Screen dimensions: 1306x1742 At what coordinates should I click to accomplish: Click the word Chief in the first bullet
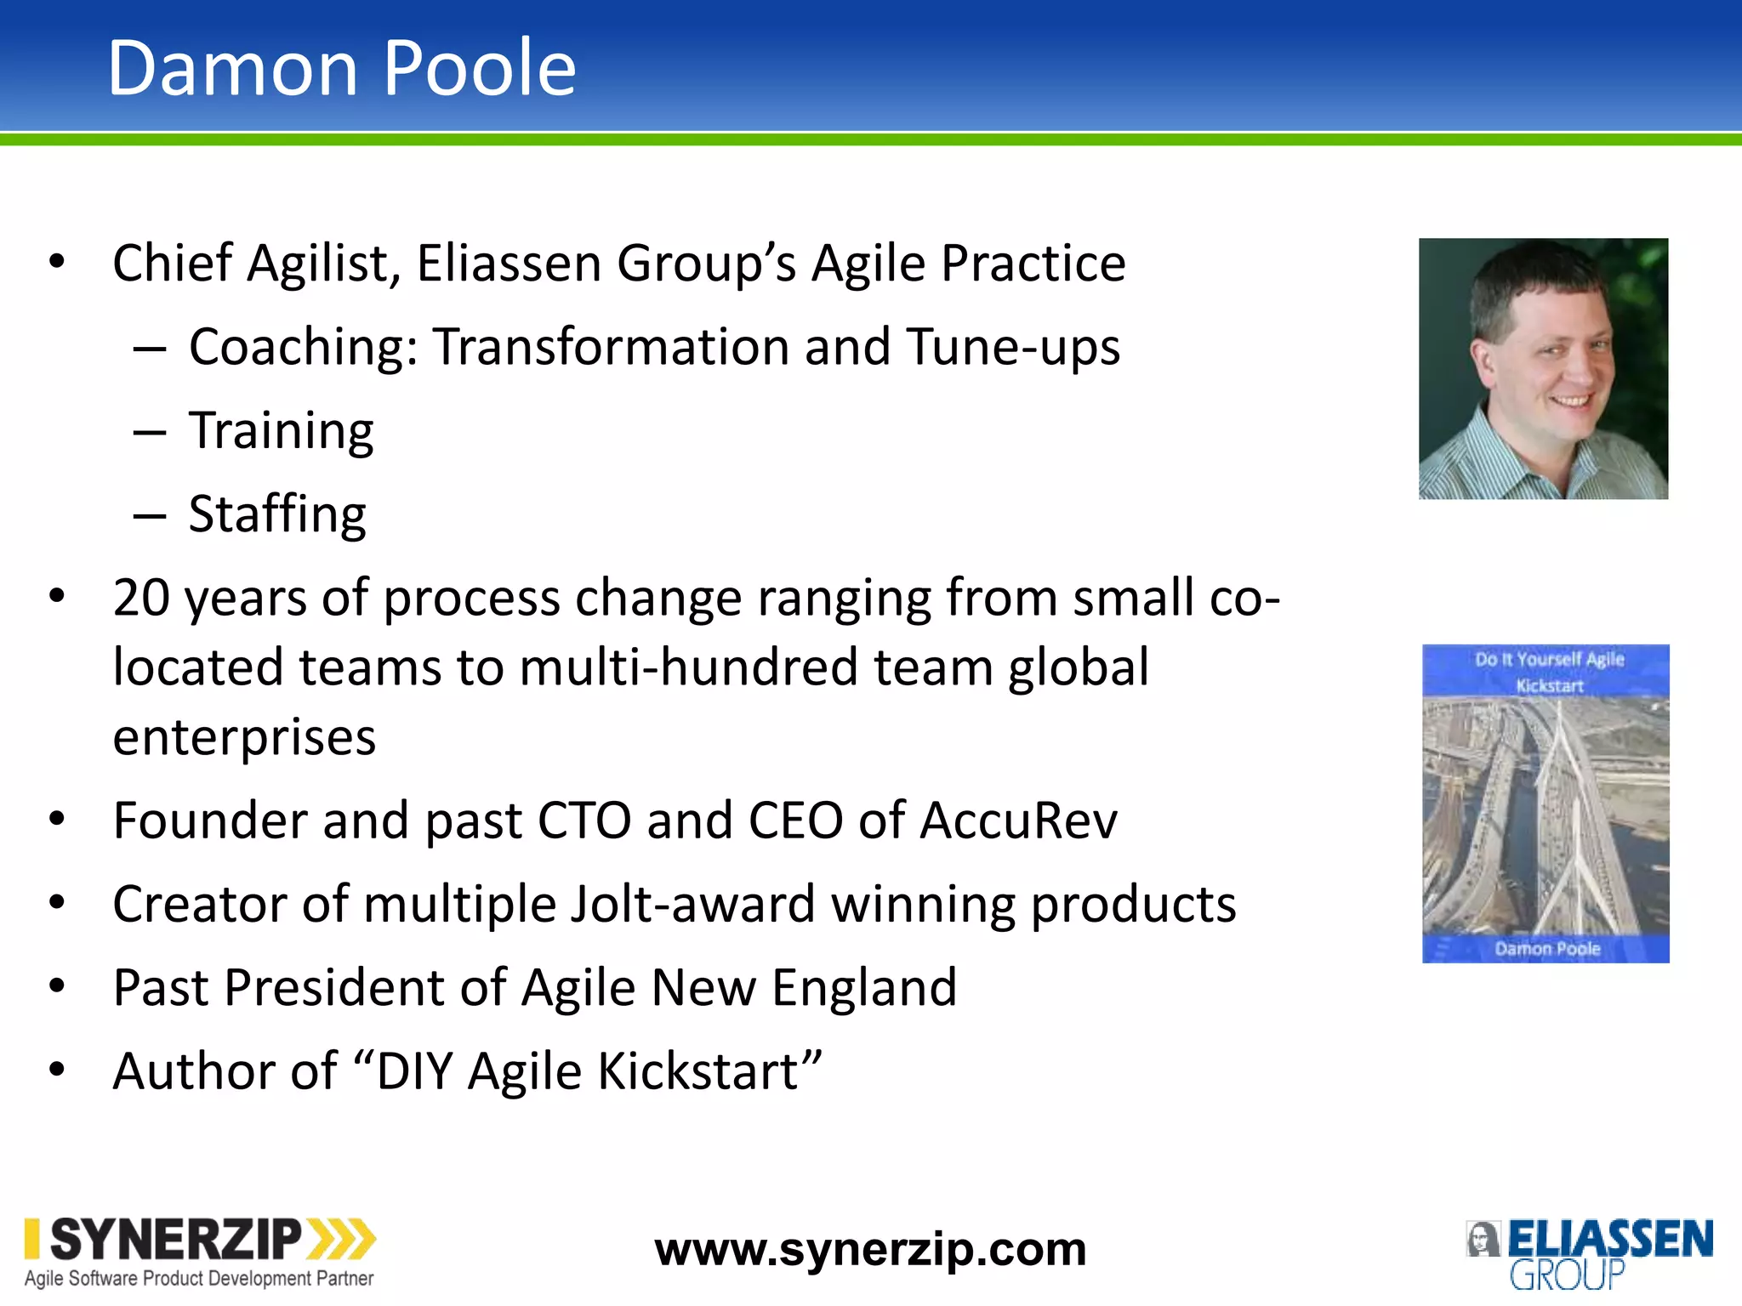click(173, 263)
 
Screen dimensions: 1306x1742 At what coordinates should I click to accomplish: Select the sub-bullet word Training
click(281, 431)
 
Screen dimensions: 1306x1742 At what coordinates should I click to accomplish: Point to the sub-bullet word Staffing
click(277, 514)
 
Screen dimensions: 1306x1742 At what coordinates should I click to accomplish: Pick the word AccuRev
click(1018, 821)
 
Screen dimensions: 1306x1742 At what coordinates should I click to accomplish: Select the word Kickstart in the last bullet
click(709, 1071)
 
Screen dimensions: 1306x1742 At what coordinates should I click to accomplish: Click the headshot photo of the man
click(1543, 368)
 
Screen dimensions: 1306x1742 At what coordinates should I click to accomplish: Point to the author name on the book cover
click(1547, 949)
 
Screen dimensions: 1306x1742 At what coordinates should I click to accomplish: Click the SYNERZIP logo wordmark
click(176, 1240)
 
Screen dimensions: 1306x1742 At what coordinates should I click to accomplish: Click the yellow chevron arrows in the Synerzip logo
click(341, 1239)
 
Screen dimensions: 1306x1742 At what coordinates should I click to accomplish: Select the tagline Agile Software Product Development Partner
click(199, 1279)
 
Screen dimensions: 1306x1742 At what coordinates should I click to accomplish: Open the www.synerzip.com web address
click(870, 1250)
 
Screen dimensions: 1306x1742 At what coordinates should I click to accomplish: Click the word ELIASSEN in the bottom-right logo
click(1610, 1239)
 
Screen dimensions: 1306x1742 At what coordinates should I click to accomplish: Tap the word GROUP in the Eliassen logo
click(1567, 1275)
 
